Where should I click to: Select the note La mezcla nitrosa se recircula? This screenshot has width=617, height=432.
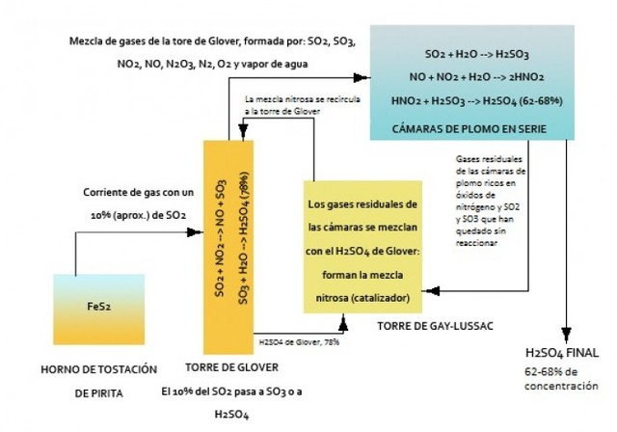click(294, 99)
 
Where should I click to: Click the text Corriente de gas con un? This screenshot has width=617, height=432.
click(121, 194)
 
